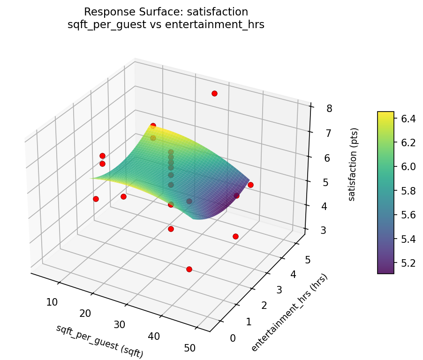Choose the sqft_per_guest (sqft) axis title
pyautogui.click(x=99, y=342)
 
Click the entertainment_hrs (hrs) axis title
pyautogui.click(x=289, y=313)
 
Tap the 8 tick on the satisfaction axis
pyautogui.click(x=329, y=109)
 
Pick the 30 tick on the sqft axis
pyautogui.click(x=120, y=324)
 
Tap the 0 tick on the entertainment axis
pyautogui.click(x=233, y=338)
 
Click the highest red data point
pyautogui.click(x=214, y=93)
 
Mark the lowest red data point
pyautogui.click(x=189, y=269)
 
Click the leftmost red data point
pyautogui.click(x=96, y=199)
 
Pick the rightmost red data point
pyautogui.click(x=250, y=185)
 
